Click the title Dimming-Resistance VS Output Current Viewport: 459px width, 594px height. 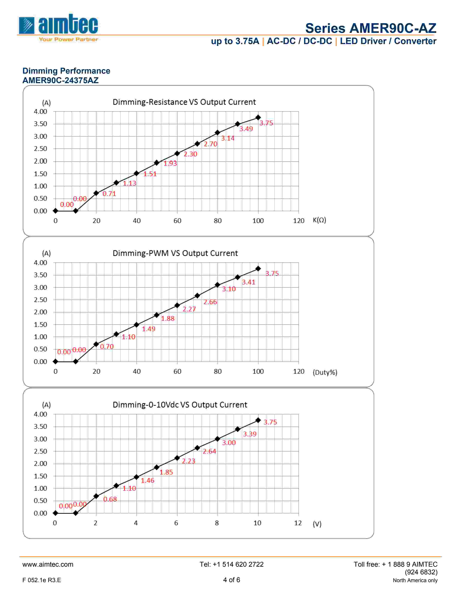click(x=184, y=102)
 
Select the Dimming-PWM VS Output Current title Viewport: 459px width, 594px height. click(x=175, y=253)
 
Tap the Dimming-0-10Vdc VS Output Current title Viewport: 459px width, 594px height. click(x=180, y=405)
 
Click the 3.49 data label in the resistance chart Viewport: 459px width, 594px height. click(x=246, y=129)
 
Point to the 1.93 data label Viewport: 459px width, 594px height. click(x=170, y=163)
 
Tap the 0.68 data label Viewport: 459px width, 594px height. click(x=110, y=499)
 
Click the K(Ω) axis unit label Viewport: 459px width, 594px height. click(x=319, y=220)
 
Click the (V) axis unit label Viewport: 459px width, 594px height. click(x=317, y=524)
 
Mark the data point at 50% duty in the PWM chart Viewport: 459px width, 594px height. click(x=157, y=315)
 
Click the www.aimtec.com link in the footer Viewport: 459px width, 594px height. click(x=48, y=564)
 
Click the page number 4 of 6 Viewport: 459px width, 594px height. click(x=231, y=580)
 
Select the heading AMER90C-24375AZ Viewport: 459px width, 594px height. click(x=60, y=80)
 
